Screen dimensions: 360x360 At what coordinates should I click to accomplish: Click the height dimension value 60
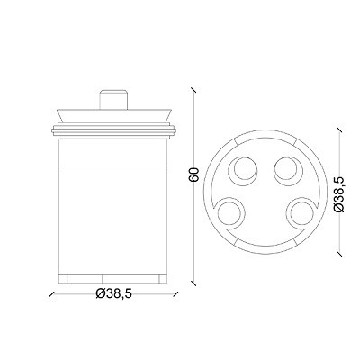[x=194, y=175]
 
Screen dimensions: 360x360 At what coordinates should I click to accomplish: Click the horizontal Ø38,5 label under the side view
[x=113, y=293]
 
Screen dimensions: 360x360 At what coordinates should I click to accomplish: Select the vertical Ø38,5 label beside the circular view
[x=339, y=194]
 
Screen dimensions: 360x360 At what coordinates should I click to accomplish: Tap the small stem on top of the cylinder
[x=113, y=99]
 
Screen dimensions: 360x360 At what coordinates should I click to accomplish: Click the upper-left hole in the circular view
[x=243, y=170]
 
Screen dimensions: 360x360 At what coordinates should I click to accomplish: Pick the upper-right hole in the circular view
[x=288, y=170]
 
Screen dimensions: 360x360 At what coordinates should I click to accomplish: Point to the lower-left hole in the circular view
[x=230, y=212]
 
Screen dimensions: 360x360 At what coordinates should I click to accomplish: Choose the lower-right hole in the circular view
[x=301, y=212]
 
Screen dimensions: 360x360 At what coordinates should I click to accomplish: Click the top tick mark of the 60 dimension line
[x=193, y=90]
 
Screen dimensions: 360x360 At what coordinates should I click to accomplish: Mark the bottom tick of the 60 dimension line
[x=193, y=283]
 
